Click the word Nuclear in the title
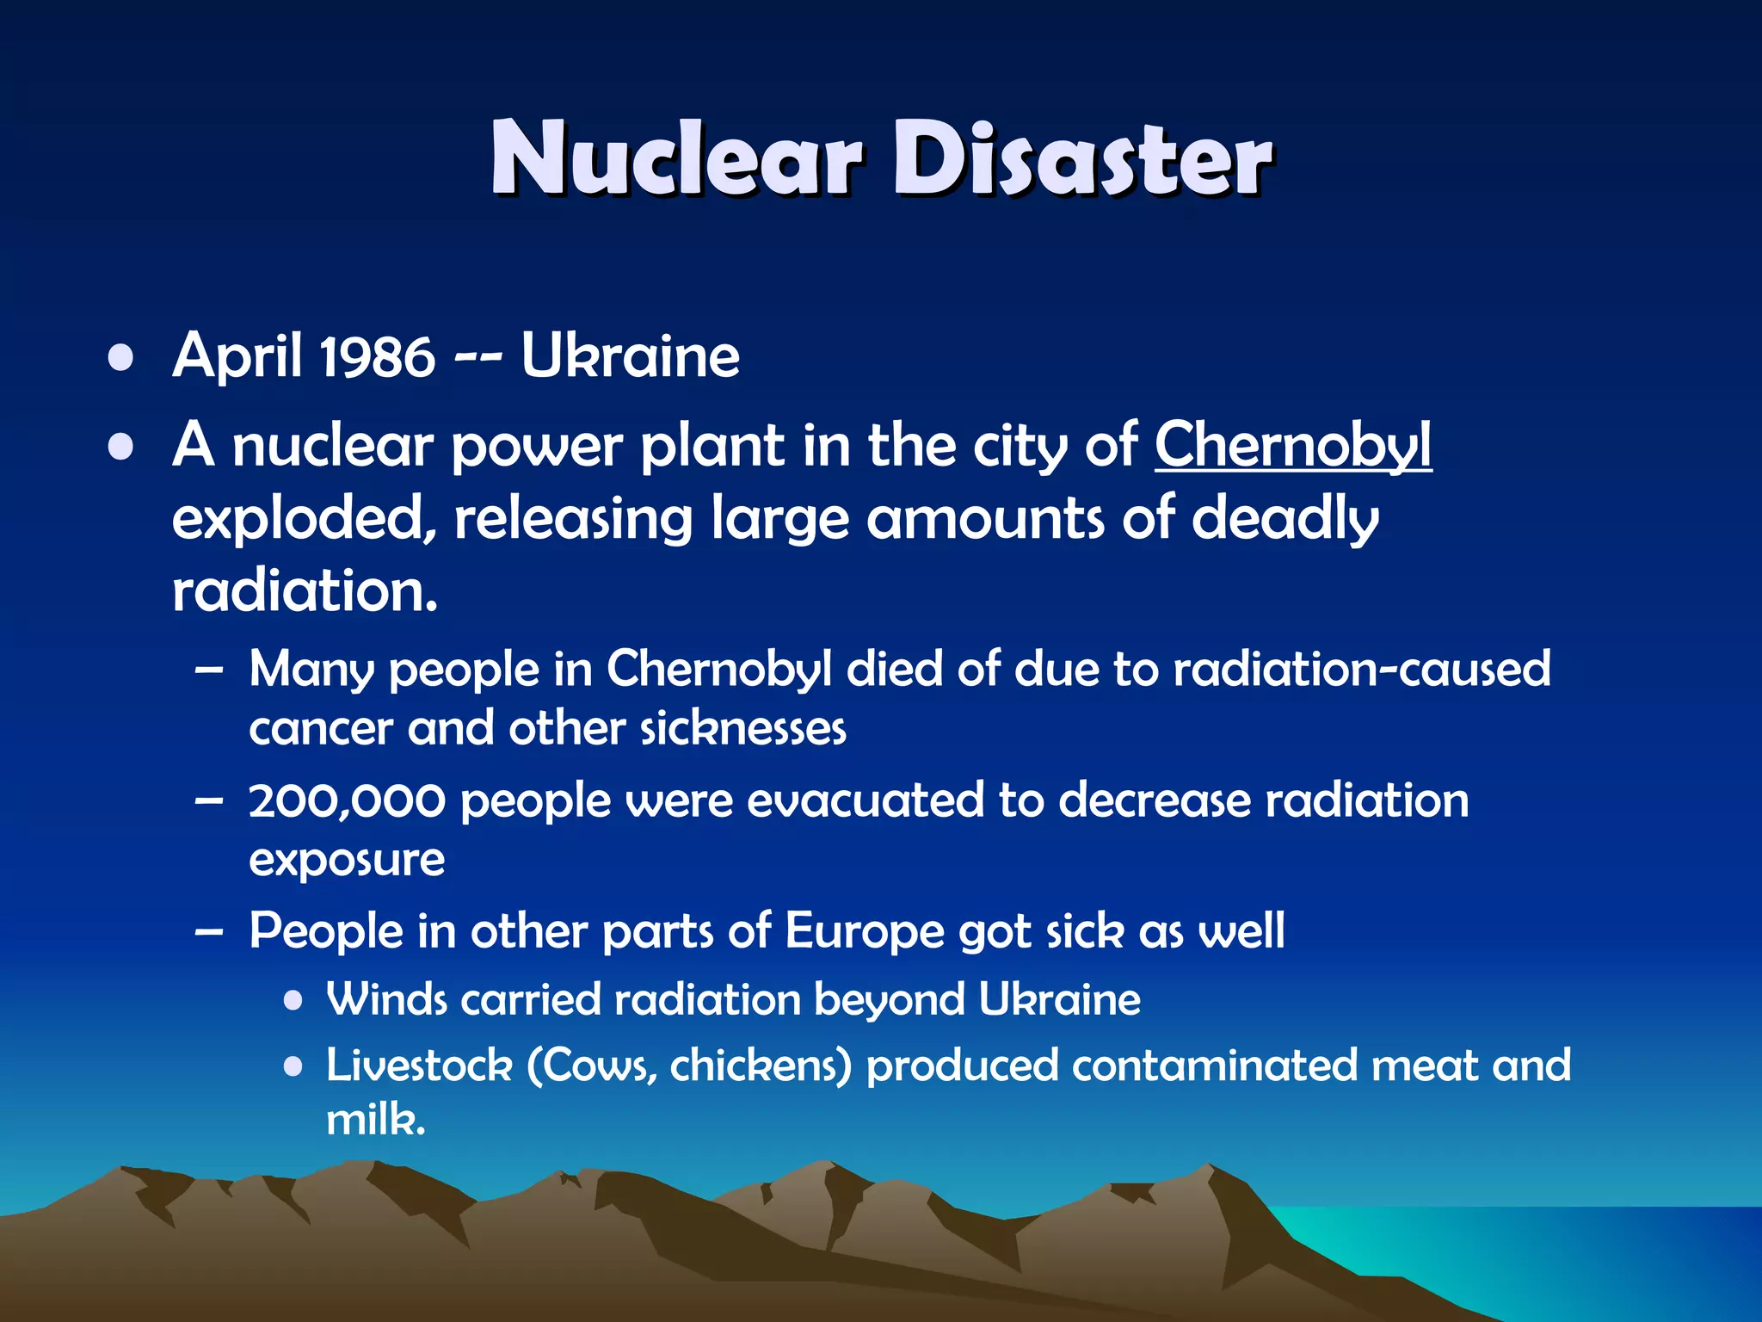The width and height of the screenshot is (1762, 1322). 675,159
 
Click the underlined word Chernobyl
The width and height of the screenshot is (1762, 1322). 1293,445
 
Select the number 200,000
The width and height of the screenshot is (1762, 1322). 348,800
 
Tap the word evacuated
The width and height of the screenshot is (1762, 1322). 866,800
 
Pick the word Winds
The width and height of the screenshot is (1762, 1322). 386,999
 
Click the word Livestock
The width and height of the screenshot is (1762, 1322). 419,1066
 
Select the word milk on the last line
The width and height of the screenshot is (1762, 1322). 374,1120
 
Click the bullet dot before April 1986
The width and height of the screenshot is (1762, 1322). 121,358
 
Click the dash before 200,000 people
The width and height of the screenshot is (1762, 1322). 209,801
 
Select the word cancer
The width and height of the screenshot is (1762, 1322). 321,729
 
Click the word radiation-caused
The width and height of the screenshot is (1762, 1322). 1362,669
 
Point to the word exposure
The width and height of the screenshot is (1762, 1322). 347,860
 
